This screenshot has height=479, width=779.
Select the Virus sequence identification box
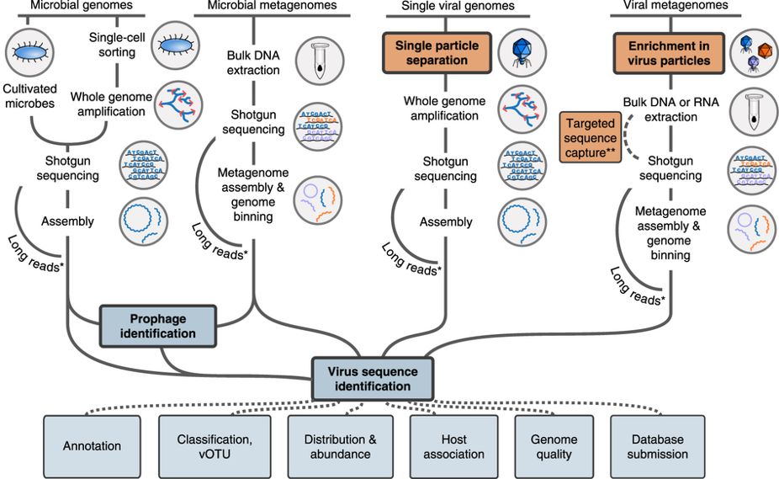click(x=372, y=378)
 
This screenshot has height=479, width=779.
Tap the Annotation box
click(x=92, y=446)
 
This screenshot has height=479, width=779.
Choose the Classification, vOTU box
click(x=215, y=446)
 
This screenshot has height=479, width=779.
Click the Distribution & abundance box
click(x=337, y=446)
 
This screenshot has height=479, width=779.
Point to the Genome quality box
click(x=554, y=446)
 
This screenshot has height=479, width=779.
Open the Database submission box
click(x=656, y=446)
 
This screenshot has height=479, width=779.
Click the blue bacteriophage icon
click(x=511, y=52)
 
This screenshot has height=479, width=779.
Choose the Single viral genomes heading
click(x=454, y=6)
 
